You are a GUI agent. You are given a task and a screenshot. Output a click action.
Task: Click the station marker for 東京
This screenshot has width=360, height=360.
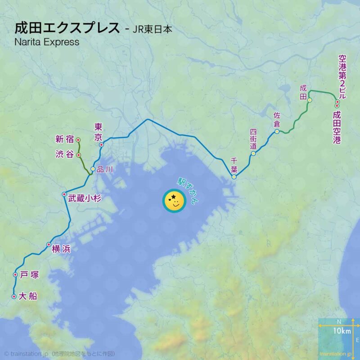tap(102, 144)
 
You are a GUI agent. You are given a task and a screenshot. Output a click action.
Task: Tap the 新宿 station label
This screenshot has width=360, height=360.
tap(64, 139)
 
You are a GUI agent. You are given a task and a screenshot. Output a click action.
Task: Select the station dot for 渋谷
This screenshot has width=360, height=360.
tap(79, 155)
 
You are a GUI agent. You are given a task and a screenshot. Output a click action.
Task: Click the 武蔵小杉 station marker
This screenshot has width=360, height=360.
tap(64, 194)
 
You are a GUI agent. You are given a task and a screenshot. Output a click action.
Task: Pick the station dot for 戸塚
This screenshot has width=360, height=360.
tap(15, 274)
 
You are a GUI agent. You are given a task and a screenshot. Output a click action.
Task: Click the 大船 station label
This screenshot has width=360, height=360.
tap(28, 297)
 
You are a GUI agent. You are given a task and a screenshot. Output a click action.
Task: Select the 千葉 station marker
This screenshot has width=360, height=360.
tap(234, 177)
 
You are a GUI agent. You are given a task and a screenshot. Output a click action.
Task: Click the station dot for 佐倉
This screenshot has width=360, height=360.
tap(277, 131)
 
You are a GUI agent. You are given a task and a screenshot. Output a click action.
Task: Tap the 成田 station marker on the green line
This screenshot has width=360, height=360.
tap(310, 100)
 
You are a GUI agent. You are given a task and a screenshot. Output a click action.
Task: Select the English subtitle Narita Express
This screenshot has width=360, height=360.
tap(47, 42)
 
